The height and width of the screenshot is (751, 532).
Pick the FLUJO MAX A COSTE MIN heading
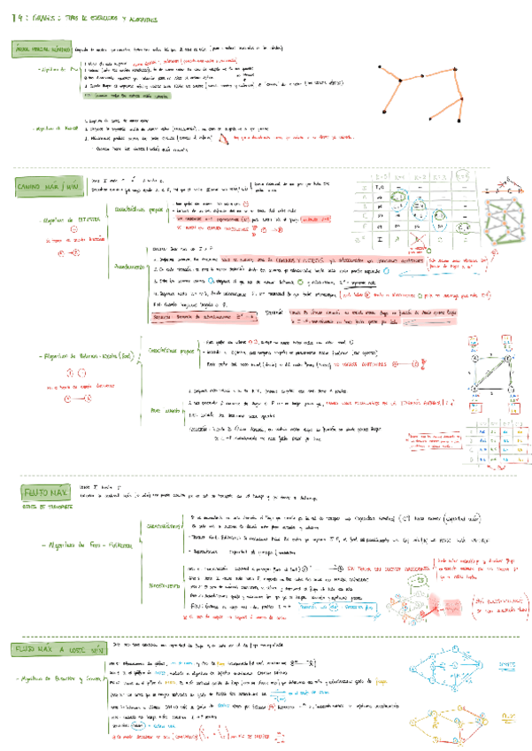click(x=51, y=650)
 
